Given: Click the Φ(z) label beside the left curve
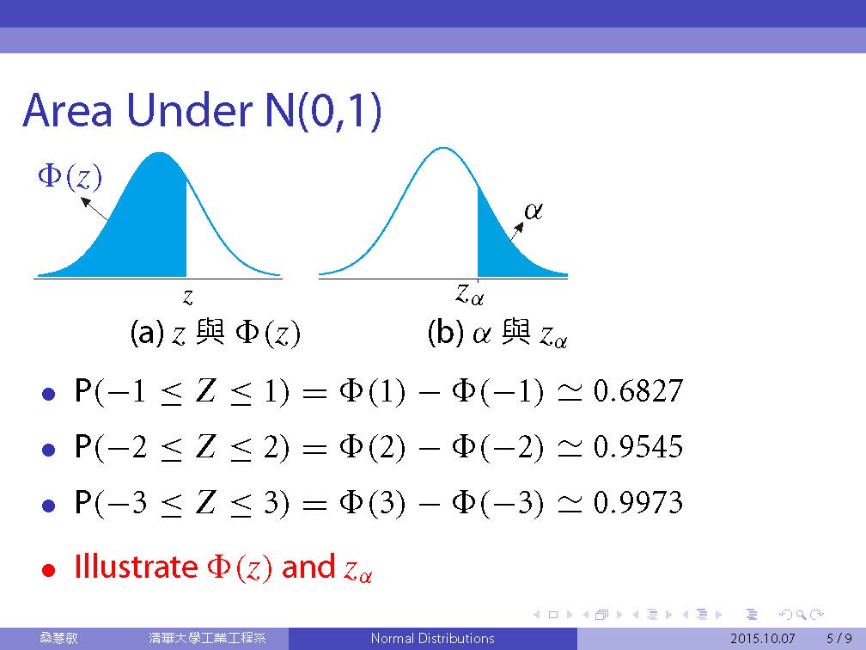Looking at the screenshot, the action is [70, 177].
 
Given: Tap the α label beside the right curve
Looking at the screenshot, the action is [533, 211].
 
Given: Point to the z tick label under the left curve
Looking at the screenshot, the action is [188, 297].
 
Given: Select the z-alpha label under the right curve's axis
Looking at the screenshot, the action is [469, 293].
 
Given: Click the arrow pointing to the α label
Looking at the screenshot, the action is [515, 231].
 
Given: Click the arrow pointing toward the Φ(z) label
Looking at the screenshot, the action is [95, 209].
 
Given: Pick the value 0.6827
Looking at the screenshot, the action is [638, 390].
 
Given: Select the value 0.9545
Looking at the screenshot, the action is [638, 446].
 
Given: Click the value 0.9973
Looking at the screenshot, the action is [638, 502].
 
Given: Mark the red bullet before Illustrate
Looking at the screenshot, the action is [49, 570].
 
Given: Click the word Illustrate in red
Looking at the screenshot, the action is [136, 567].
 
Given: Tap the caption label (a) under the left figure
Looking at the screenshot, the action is [147, 333].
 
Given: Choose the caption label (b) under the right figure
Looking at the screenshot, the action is [445, 333].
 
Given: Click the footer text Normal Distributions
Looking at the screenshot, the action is [432, 638].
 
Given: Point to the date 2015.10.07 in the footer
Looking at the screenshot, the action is [763, 639].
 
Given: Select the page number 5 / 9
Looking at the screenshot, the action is [839, 639].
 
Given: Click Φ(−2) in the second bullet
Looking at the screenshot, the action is [497, 447].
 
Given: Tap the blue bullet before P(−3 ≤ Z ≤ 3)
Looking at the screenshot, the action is [49, 506].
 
